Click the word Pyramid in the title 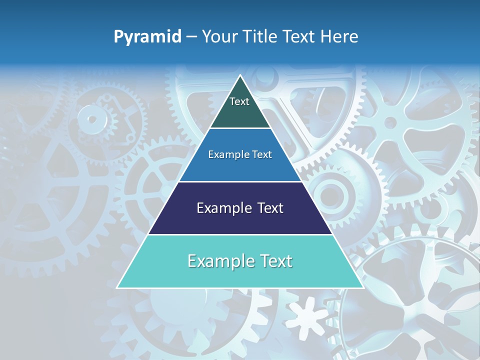(x=147, y=37)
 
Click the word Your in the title (x=220, y=37)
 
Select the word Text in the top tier (x=239, y=101)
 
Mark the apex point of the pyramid (x=240, y=75)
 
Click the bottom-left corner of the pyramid (x=117, y=287)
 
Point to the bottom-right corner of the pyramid (x=363, y=287)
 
